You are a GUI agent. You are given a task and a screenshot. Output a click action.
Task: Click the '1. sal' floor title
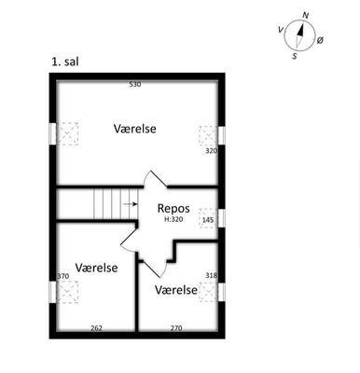click(65, 62)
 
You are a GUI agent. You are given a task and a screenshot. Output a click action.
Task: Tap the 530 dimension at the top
click(135, 84)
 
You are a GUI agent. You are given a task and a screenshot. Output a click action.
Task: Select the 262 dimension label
click(96, 328)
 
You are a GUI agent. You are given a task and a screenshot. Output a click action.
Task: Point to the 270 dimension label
click(176, 328)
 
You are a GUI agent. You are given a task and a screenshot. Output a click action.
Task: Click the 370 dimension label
click(63, 276)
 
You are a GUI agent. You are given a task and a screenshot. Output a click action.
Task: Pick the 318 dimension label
click(212, 275)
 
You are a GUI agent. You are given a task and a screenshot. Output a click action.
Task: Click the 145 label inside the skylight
click(208, 220)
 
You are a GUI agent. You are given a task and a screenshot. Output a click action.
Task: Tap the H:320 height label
click(173, 219)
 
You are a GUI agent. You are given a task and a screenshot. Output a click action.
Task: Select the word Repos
click(173, 209)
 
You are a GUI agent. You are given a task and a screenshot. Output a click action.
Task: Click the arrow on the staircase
click(131, 204)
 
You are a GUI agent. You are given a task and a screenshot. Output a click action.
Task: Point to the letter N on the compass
click(306, 15)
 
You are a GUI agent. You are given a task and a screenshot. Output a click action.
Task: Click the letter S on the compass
click(295, 56)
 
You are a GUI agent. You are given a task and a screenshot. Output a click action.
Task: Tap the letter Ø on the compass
click(320, 40)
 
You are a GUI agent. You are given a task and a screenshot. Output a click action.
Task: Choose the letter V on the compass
click(281, 30)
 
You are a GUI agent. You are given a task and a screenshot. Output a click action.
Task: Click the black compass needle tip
click(302, 22)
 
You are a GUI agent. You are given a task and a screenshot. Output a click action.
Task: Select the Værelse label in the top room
click(135, 129)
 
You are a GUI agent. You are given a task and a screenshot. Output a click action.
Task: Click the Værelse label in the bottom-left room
click(97, 268)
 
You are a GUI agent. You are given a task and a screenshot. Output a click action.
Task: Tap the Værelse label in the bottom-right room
click(176, 290)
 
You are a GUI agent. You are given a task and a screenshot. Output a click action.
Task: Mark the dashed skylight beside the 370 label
click(68, 292)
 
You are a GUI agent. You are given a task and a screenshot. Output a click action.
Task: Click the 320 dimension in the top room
click(211, 151)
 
